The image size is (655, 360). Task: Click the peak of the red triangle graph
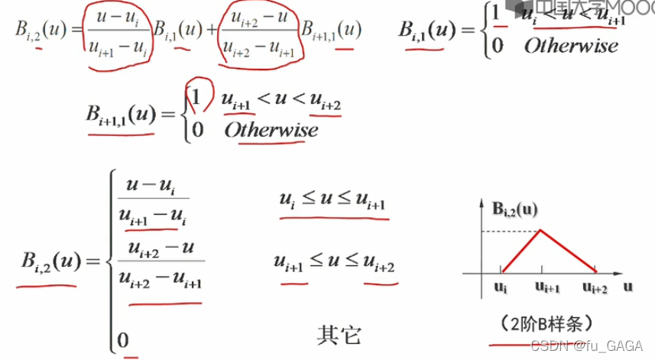pos(541,230)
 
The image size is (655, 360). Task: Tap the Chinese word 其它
pos(339,334)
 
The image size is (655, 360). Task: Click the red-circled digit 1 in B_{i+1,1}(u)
pos(197,99)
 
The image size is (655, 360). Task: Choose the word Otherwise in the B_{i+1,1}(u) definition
pos(271,129)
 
